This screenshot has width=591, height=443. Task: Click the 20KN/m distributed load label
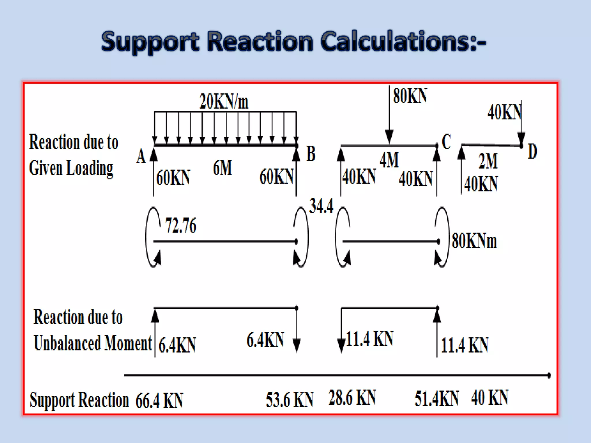tap(224, 102)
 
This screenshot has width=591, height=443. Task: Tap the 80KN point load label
tap(410, 96)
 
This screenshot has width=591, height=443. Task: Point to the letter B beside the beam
tap(311, 153)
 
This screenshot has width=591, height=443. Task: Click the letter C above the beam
tap(446, 142)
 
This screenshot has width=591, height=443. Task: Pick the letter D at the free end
tap(532, 151)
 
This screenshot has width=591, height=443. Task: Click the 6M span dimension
tap(222, 168)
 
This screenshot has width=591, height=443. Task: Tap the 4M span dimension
tap(389, 160)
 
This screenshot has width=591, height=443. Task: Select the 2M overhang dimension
tap(488, 161)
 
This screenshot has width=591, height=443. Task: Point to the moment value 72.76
tap(181, 226)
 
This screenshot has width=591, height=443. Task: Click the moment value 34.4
tap(321, 206)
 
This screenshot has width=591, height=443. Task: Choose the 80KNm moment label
tap(474, 241)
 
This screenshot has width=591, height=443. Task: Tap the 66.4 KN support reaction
tap(159, 400)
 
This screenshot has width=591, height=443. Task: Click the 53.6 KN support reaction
tap(289, 400)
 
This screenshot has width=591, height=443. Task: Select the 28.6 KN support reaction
tap(352, 398)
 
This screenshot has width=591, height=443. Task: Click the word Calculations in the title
tap(403, 42)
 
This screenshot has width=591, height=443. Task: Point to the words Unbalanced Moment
tap(93, 343)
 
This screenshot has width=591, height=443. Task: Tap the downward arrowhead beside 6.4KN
tap(297, 345)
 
